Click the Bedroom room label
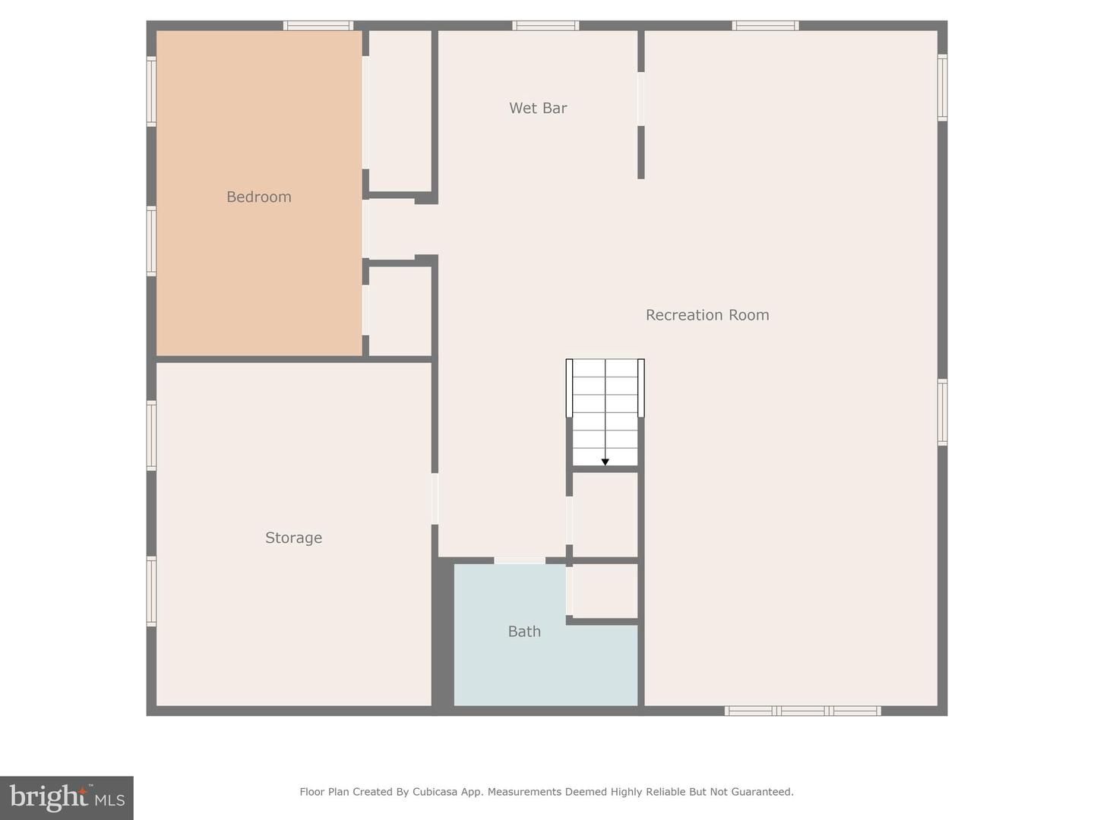(259, 197)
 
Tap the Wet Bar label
(538, 109)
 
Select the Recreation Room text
(707, 315)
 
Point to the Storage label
(293, 538)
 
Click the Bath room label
(524, 632)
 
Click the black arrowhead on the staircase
(605, 462)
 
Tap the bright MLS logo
(67, 797)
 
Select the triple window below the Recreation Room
(802, 711)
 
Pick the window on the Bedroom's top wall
(318, 26)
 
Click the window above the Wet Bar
(545, 26)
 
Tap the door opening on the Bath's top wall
(520, 560)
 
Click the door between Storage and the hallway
(435, 499)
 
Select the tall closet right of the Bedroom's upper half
(400, 111)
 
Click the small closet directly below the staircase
(605, 514)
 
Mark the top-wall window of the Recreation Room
(765, 26)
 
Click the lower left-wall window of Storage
(151, 591)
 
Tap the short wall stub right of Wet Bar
(641, 152)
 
